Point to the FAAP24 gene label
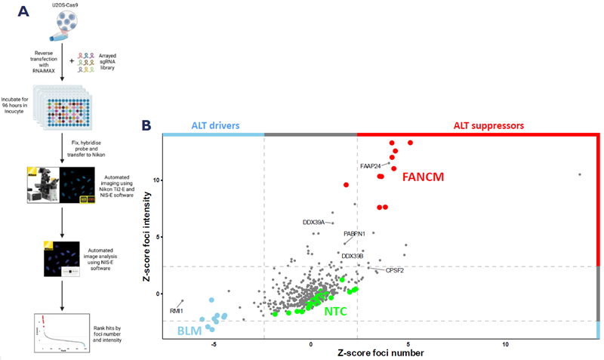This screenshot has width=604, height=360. [371, 165]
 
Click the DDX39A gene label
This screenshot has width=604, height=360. [313, 223]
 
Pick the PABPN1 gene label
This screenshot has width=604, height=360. [355, 234]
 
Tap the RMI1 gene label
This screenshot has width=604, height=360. [176, 310]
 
